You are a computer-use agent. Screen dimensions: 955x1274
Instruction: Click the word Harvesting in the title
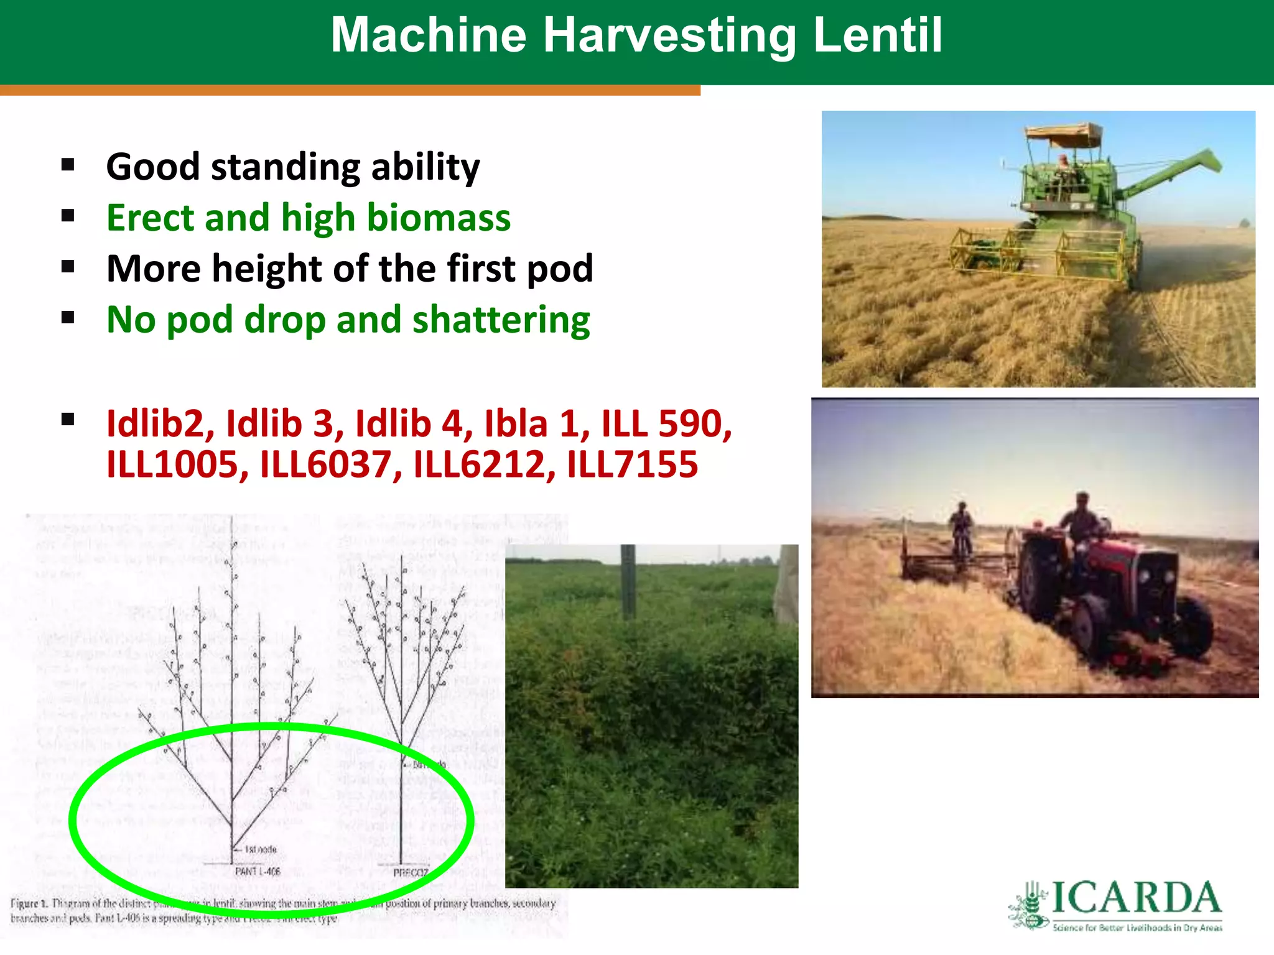pos(669,36)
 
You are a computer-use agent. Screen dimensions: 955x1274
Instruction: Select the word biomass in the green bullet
pos(439,218)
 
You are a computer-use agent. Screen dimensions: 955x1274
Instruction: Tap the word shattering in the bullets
pos(501,320)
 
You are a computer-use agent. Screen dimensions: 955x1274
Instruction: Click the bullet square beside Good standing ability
pos(68,165)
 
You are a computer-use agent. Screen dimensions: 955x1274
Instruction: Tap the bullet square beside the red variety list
pos(68,420)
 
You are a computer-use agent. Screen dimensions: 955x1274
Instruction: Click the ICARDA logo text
pos(1136,898)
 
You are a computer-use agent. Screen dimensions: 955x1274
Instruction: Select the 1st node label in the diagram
pos(260,849)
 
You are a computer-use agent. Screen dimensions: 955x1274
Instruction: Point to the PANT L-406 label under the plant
pos(257,872)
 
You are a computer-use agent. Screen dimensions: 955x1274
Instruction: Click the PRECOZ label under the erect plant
pos(411,873)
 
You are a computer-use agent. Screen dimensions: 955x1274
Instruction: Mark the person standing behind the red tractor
pos(962,528)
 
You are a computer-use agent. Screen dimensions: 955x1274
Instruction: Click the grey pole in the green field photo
pos(628,581)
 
